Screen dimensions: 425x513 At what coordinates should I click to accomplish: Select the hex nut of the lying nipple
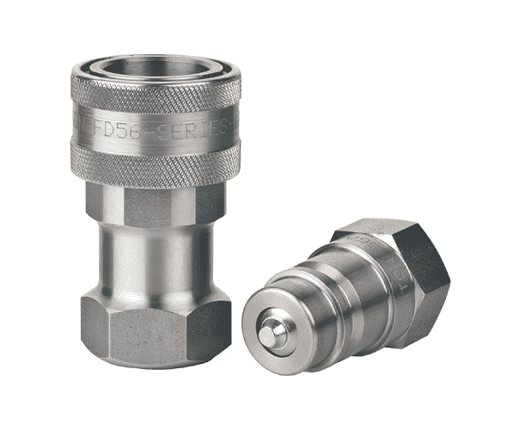pyautogui.click(x=404, y=275)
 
